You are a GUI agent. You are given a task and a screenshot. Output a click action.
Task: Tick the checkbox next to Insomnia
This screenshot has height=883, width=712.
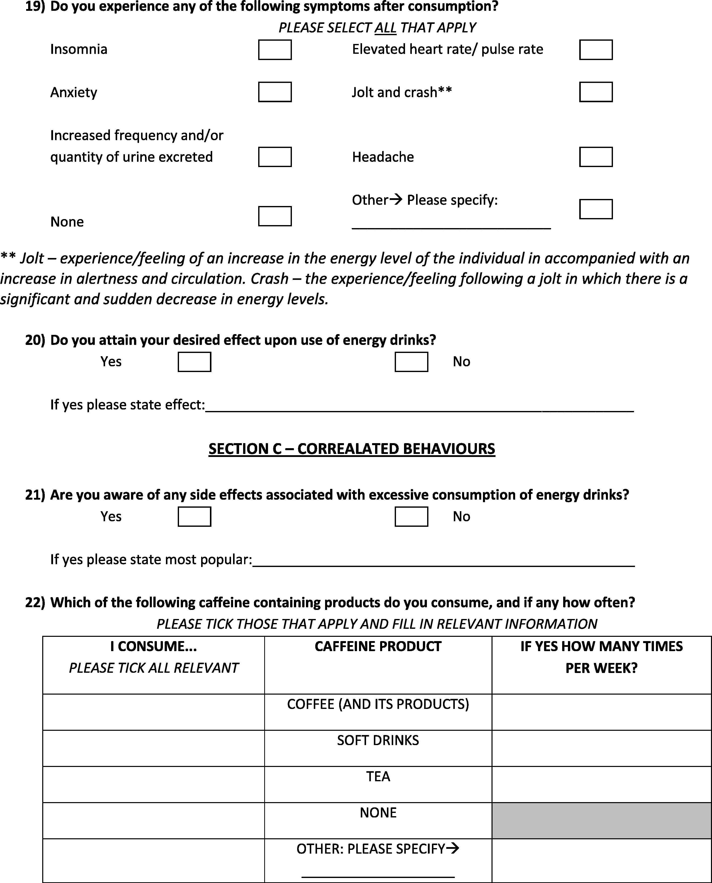click(x=275, y=49)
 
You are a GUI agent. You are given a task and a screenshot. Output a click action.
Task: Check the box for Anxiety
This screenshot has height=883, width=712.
click(x=275, y=92)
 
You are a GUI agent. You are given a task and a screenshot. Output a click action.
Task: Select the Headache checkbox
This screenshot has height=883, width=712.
click(x=596, y=157)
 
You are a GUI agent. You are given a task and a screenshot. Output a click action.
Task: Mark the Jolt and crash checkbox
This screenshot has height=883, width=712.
click(x=596, y=92)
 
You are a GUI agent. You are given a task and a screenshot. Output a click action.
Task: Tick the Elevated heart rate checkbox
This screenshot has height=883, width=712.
click(x=596, y=49)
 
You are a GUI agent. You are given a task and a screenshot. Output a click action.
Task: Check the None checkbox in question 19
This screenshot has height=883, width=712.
click(x=275, y=216)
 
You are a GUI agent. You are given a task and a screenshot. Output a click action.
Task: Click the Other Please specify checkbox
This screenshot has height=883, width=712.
click(x=596, y=209)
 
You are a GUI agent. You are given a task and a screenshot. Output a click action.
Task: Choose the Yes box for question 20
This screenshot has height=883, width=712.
click(x=194, y=362)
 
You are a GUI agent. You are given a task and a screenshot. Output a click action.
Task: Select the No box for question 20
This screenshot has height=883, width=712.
click(x=411, y=362)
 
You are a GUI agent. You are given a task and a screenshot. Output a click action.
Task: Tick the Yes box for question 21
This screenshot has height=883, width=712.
click(x=194, y=517)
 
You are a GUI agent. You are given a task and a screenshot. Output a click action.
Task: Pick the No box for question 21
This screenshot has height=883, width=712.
click(x=411, y=517)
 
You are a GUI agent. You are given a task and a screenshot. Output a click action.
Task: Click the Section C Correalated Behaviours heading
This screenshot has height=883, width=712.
click(x=351, y=449)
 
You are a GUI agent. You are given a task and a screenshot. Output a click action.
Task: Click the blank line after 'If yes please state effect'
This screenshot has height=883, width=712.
click(x=419, y=406)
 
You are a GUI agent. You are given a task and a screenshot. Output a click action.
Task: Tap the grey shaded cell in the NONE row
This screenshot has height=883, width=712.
click(x=601, y=821)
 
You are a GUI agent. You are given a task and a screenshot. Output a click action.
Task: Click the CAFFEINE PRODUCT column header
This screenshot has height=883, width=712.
click(x=378, y=647)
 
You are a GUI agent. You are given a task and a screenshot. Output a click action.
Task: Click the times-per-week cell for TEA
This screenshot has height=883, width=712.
click(x=601, y=784)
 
